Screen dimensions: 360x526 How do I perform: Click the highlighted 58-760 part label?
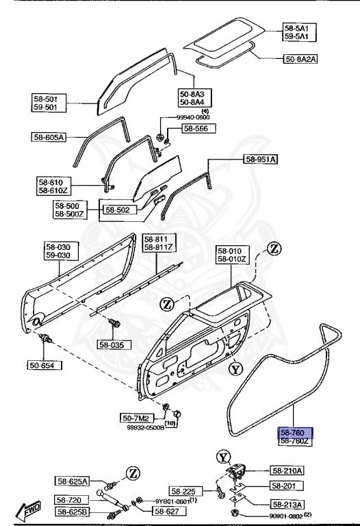[295, 433]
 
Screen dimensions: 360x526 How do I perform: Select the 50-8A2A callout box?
[300, 59]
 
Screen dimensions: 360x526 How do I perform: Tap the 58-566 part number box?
[198, 129]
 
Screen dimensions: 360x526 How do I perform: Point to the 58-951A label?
[261, 159]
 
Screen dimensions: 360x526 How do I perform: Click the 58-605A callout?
[49, 137]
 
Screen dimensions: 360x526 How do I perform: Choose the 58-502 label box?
[117, 210]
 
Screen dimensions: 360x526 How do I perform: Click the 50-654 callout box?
[45, 365]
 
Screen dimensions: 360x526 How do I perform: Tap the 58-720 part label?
[71, 500]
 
